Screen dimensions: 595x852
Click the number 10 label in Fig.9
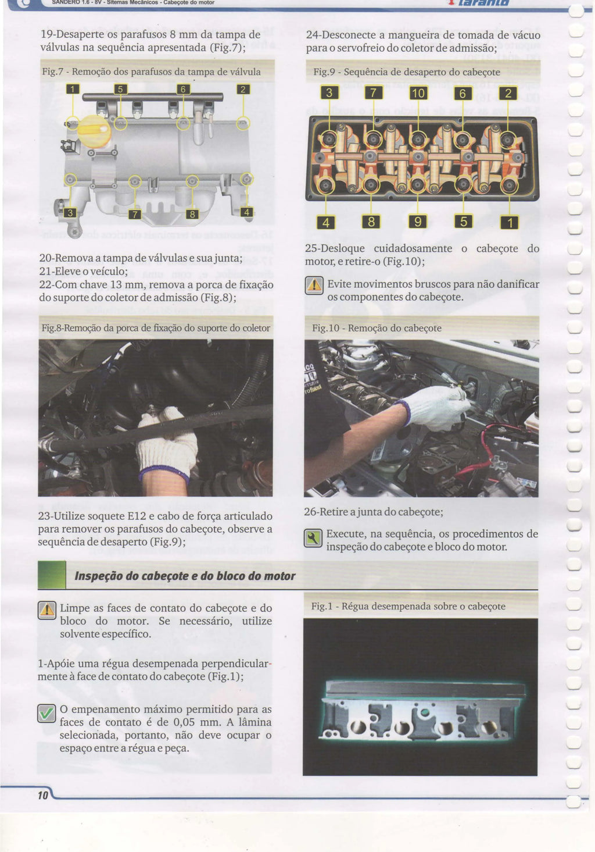point(418,93)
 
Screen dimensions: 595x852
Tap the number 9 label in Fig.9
point(418,222)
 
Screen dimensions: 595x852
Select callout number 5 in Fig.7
point(120,89)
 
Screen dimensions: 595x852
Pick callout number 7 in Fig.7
point(135,215)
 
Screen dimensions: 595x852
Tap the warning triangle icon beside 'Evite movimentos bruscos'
point(314,286)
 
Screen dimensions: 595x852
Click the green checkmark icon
point(46,714)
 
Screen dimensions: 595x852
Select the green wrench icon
point(313,538)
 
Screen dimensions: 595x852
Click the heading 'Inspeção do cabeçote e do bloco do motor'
point(185,576)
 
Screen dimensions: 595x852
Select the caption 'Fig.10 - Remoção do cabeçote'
point(377,328)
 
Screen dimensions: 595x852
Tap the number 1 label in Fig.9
point(510,223)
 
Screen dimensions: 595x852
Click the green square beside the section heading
point(52,575)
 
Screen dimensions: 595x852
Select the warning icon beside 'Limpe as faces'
point(47,610)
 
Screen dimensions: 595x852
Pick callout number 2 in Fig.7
point(243,89)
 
